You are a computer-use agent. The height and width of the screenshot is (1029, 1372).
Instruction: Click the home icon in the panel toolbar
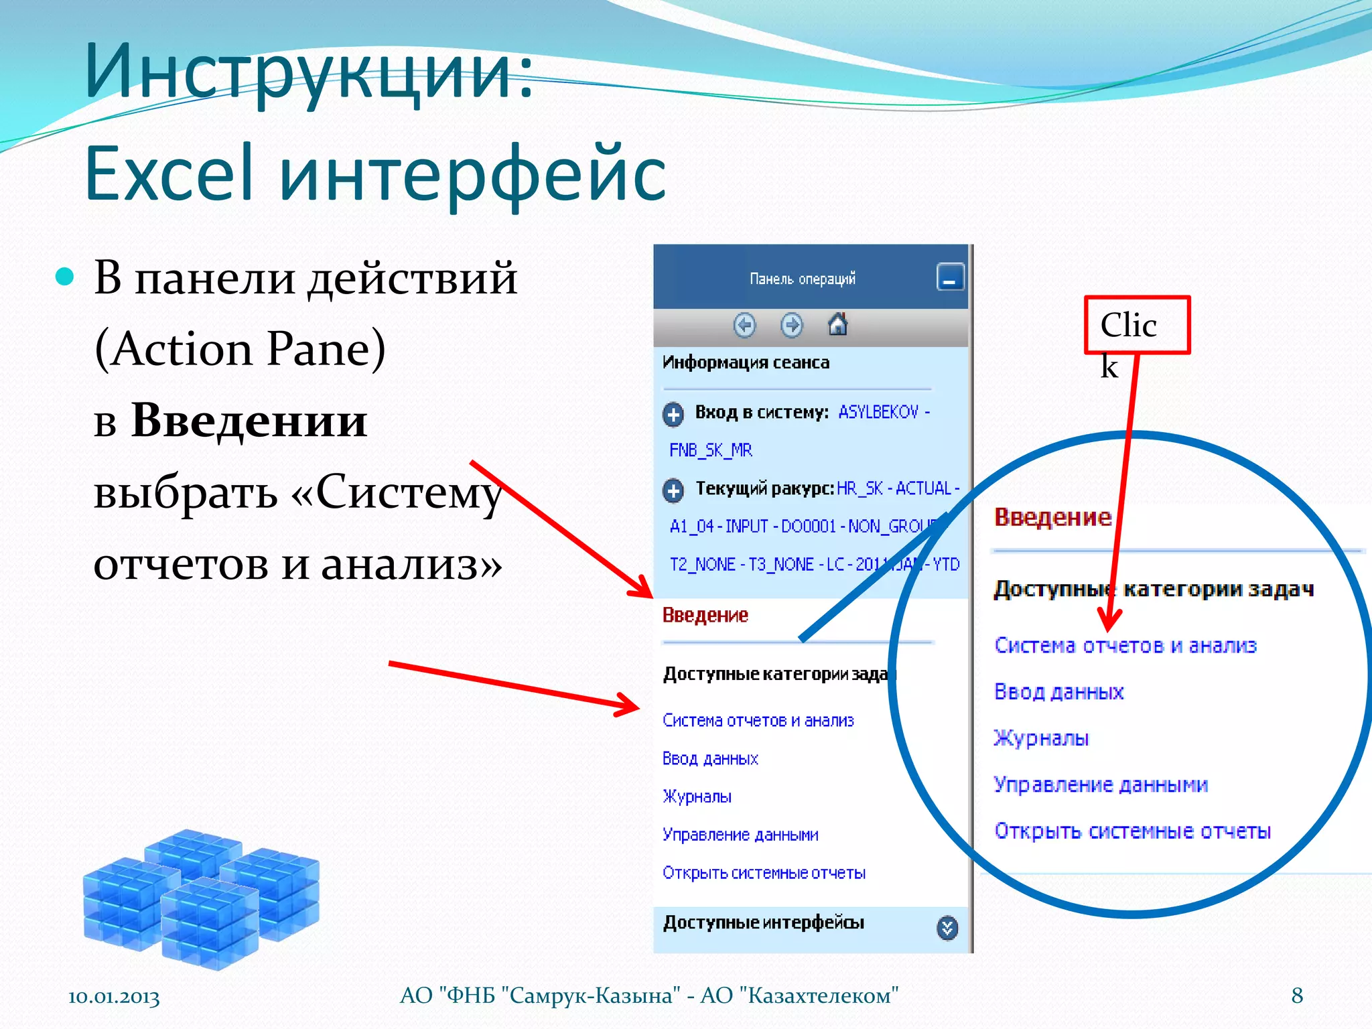837,325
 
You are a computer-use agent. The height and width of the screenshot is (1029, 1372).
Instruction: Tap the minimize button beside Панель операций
949,277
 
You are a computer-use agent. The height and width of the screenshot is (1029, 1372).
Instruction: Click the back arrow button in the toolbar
744,326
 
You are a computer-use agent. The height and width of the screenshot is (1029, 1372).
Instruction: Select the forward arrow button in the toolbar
791,326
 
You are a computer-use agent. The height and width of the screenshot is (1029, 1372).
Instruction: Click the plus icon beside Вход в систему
673,414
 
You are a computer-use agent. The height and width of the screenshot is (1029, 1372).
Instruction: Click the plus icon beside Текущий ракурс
673,490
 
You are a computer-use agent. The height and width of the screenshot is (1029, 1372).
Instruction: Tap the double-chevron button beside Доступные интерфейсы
947,927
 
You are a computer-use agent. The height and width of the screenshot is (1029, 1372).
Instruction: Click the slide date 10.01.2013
114,997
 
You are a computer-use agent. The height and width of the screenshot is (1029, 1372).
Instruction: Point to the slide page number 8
1297,996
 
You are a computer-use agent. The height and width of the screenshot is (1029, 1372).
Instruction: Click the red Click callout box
1137,325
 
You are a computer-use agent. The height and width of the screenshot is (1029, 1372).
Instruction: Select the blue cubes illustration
201,898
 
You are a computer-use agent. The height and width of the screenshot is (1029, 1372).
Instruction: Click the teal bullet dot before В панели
64,276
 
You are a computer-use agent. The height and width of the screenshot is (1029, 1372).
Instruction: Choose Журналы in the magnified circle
1041,738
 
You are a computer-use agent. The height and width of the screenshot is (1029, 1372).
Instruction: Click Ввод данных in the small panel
710,758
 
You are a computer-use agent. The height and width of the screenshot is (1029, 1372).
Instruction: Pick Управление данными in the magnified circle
1101,784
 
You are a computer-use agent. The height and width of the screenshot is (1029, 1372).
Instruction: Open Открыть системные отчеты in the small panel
764,873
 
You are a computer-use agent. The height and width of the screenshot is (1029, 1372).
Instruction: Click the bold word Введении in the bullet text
249,421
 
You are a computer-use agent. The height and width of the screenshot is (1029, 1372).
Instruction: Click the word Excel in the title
169,174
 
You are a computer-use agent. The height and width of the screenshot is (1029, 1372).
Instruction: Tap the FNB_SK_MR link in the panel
711,450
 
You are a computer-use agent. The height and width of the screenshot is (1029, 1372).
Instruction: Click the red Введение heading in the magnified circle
1052,517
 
